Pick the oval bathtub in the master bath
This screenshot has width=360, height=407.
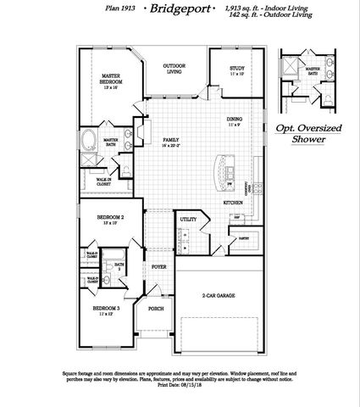(x=89, y=137)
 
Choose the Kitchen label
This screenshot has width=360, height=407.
(x=233, y=203)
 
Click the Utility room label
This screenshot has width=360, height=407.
(x=188, y=220)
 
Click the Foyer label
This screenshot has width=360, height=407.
(x=158, y=266)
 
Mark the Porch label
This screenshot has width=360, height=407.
(x=156, y=309)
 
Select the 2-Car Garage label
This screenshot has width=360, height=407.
(x=219, y=296)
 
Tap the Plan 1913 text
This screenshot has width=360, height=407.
(x=119, y=8)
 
